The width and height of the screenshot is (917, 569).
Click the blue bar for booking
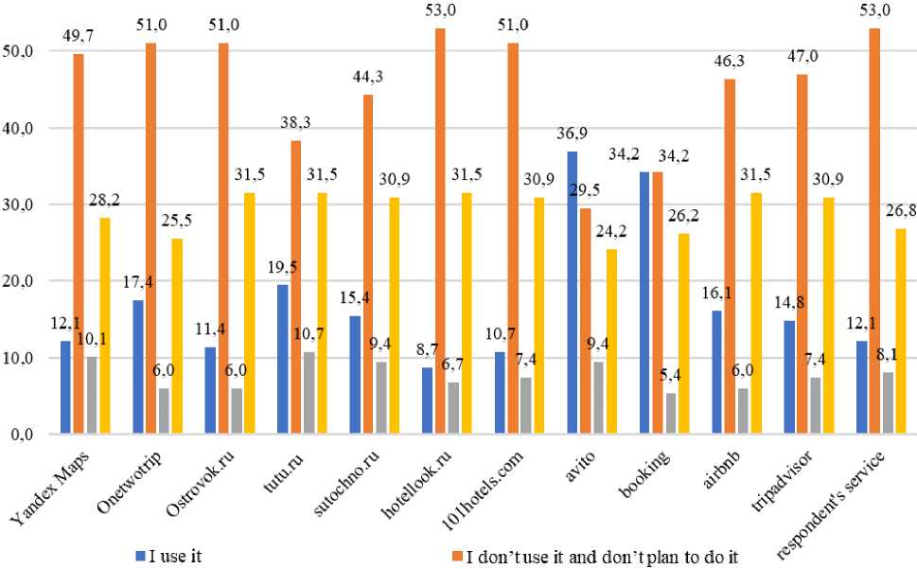[644, 303]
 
